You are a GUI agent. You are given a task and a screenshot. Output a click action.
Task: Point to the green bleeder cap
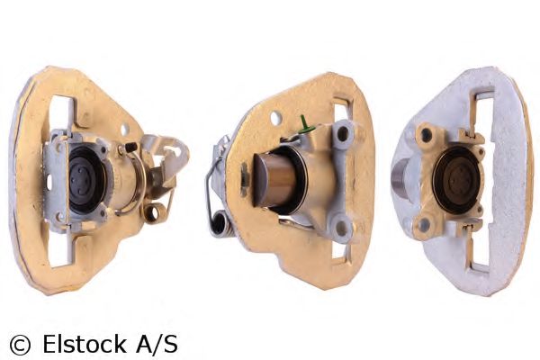[x=305, y=126]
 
